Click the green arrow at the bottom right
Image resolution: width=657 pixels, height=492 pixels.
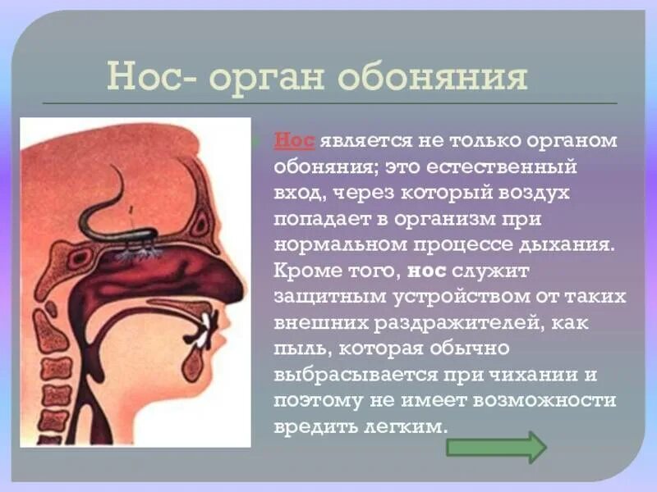[495, 448]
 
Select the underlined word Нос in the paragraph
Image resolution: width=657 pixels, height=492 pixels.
[294, 140]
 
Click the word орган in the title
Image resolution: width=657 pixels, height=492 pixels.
[264, 79]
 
